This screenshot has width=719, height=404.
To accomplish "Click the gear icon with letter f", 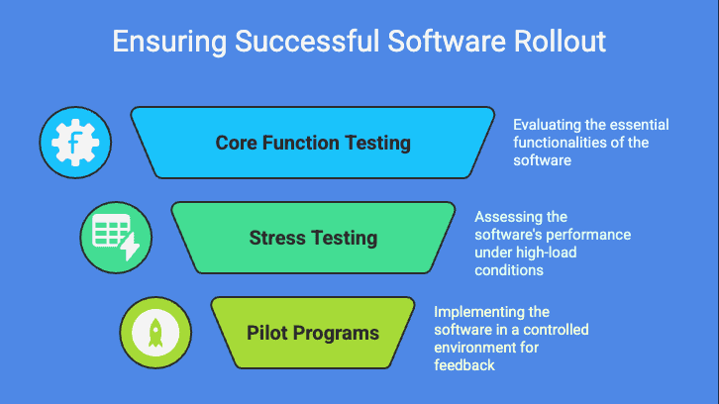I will [x=74, y=143].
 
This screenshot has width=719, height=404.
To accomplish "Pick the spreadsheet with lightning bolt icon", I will [x=115, y=238].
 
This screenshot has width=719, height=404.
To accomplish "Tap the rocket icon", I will [x=154, y=332].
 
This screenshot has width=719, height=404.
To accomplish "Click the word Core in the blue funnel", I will [x=239, y=143].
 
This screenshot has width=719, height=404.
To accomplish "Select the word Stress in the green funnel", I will [x=277, y=238].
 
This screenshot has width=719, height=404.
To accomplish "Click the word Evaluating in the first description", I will [x=546, y=126].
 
